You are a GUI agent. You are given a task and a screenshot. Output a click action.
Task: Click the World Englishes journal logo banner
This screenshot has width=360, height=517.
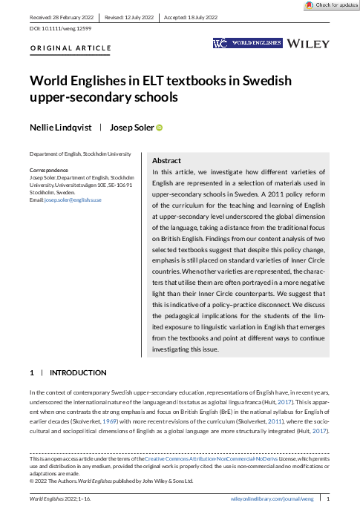point(247,44)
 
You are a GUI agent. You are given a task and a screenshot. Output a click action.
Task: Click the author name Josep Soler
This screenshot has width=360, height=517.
point(131,128)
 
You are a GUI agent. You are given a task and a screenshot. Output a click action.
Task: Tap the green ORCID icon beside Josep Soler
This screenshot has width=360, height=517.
point(159,128)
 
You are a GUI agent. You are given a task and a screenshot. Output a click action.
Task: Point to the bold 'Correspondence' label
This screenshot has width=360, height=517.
point(49,170)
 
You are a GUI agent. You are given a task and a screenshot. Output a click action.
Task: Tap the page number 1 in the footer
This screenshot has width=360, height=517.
point(327,500)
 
